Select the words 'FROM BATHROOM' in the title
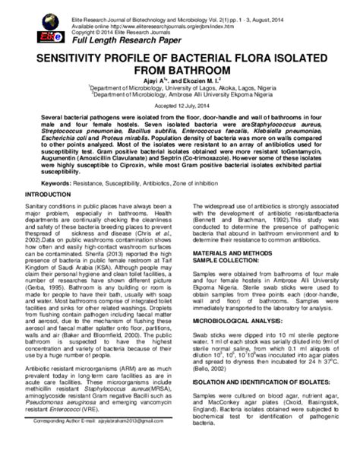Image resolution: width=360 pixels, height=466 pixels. point(179,74)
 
